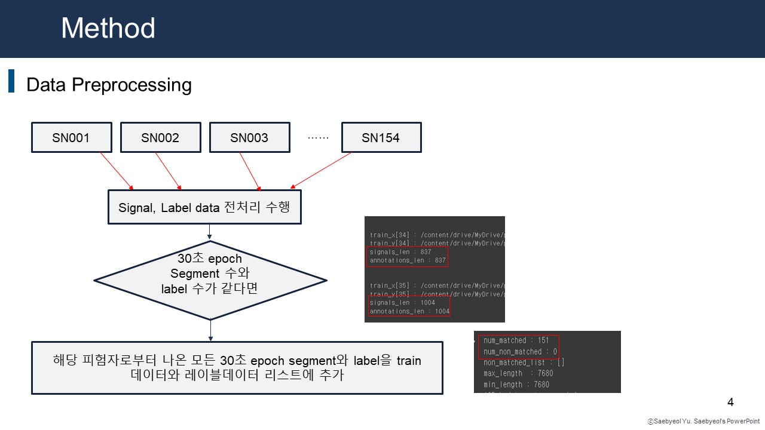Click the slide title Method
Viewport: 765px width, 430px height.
(x=108, y=28)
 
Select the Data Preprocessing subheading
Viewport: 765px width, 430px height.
(x=109, y=85)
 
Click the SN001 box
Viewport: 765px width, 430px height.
(x=71, y=138)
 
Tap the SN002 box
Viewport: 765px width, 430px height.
(x=160, y=138)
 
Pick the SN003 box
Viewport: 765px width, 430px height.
(x=249, y=138)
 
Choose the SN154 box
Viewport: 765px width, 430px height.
(x=381, y=138)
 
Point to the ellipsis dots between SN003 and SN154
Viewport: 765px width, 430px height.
(x=318, y=137)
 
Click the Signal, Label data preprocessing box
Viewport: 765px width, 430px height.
(x=204, y=207)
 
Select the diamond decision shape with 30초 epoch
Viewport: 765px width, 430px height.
(x=210, y=280)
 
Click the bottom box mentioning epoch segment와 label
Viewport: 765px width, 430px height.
(x=237, y=368)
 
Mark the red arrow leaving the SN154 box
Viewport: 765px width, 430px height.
(x=321, y=170)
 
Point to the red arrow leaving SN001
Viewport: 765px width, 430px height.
(x=117, y=170)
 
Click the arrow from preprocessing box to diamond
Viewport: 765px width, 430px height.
(x=210, y=232)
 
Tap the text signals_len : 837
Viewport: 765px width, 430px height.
(x=400, y=252)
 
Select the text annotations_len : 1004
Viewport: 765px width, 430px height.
(x=409, y=311)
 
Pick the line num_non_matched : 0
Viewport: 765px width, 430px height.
(x=520, y=352)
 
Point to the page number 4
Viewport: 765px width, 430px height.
(x=730, y=401)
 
